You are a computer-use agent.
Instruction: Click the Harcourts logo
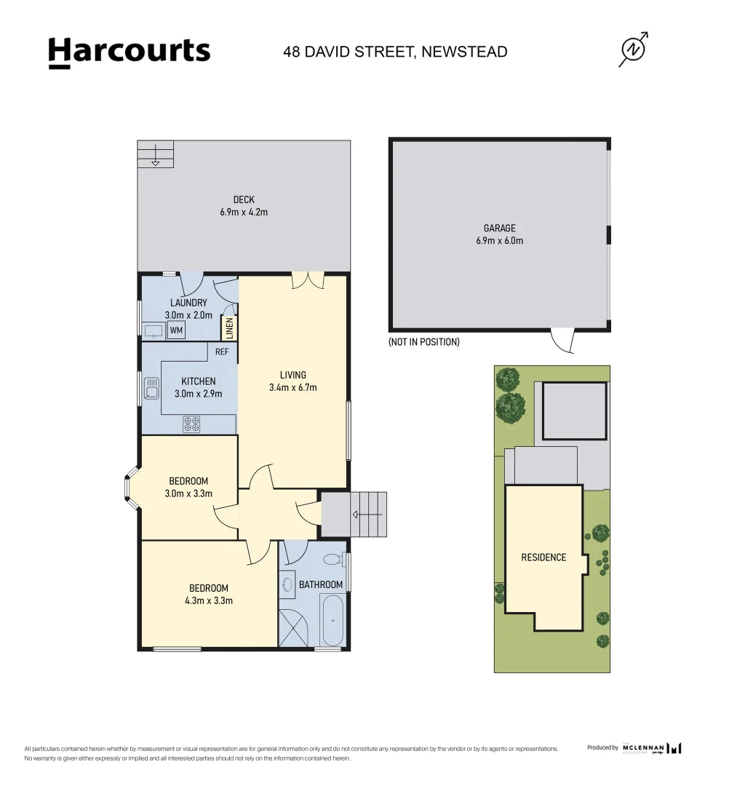point(129,52)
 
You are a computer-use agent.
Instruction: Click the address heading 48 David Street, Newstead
point(396,52)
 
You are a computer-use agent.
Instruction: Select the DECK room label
point(244,199)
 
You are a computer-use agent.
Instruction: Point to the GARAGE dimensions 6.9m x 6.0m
point(500,241)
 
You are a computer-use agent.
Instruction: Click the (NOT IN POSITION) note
point(424,342)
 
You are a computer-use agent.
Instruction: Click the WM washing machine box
point(176,330)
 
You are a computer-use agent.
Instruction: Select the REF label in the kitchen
point(222,352)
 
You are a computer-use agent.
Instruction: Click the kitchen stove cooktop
point(191,424)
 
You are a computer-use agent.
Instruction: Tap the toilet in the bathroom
point(333,560)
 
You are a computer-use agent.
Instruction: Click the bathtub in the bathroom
point(332,620)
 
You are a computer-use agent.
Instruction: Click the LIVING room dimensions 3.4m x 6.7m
point(292,388)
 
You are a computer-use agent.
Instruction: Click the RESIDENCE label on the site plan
point(543,557)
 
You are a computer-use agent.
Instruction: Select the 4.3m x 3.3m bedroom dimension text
point(209,600)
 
